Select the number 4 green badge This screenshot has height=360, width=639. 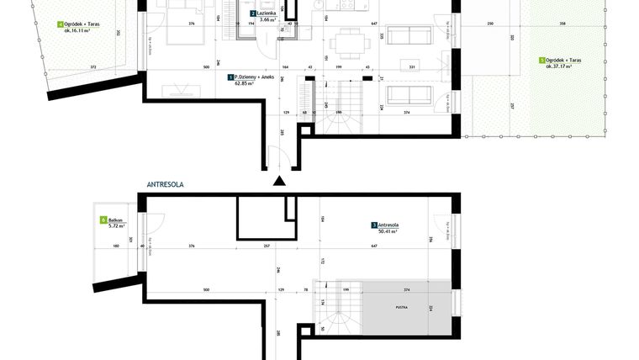coord(60,24)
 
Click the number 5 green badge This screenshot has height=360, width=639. coord(542,61)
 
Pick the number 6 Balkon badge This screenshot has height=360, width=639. coord(103,220)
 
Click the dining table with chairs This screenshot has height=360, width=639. coord(345,41)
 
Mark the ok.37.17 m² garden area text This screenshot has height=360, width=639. coord(559,67)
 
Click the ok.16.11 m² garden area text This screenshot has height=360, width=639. coord(77,31)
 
